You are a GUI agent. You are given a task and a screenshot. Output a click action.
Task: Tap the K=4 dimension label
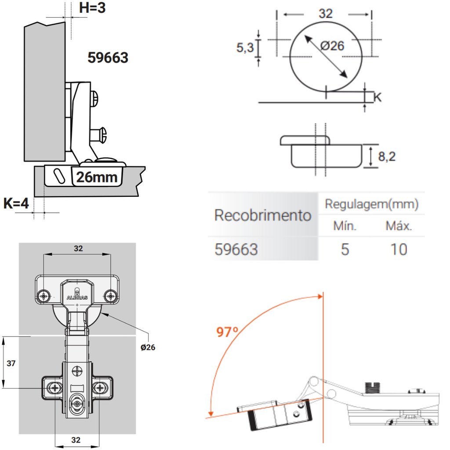click(16, 203)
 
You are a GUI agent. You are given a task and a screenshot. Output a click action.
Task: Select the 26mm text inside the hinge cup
click(97, 177)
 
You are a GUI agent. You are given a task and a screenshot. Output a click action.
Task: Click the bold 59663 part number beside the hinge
click(108, 58)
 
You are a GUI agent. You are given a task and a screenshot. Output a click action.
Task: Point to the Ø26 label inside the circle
click(332, 45)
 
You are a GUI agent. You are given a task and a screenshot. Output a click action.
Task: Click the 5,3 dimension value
click(245, 47)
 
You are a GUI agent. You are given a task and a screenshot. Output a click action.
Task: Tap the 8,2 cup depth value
click(387, 156)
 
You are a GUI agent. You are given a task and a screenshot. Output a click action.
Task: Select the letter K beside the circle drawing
click(377, 97)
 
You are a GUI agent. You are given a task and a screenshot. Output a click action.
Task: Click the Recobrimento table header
click(263, 216)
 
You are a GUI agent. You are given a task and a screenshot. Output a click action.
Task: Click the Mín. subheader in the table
click(345, 226)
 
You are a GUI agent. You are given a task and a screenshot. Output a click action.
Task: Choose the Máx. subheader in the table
click(399, 226)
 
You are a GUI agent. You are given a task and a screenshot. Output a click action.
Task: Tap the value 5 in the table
click(345, 250)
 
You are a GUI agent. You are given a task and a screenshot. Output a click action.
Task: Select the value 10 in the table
click(399, 250)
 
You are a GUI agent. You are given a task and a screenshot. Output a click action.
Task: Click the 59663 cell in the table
click(236, 250)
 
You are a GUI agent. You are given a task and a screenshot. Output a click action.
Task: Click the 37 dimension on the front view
click(11, 363)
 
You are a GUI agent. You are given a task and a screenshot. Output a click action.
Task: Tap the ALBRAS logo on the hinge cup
click(77, 297)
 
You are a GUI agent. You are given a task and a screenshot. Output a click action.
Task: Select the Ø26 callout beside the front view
click(148, 347)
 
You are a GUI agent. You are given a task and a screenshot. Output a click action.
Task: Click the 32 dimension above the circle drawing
click(325, 14)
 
